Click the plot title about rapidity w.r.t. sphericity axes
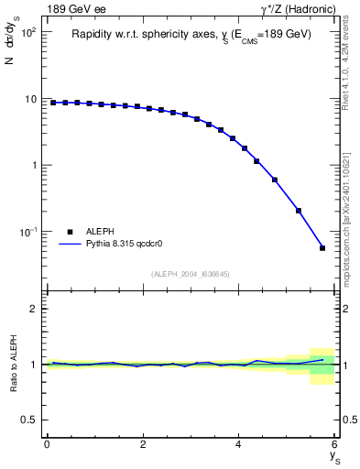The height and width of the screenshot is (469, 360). point(191,34)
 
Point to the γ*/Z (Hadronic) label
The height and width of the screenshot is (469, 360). point(297,9)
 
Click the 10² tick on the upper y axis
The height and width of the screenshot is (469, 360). point(30,32)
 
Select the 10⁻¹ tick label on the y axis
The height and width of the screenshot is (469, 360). point(29,233)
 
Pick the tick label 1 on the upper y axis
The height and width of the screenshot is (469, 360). point(35,166)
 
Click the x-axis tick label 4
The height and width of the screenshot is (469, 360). point(239,444)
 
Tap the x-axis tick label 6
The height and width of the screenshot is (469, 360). point(335,444)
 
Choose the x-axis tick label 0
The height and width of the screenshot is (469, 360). point(47,444)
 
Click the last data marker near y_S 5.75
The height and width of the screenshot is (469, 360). point(322,248)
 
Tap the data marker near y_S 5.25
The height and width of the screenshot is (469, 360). point(299,211)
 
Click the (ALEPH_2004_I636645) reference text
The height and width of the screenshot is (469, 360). point(191,274)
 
